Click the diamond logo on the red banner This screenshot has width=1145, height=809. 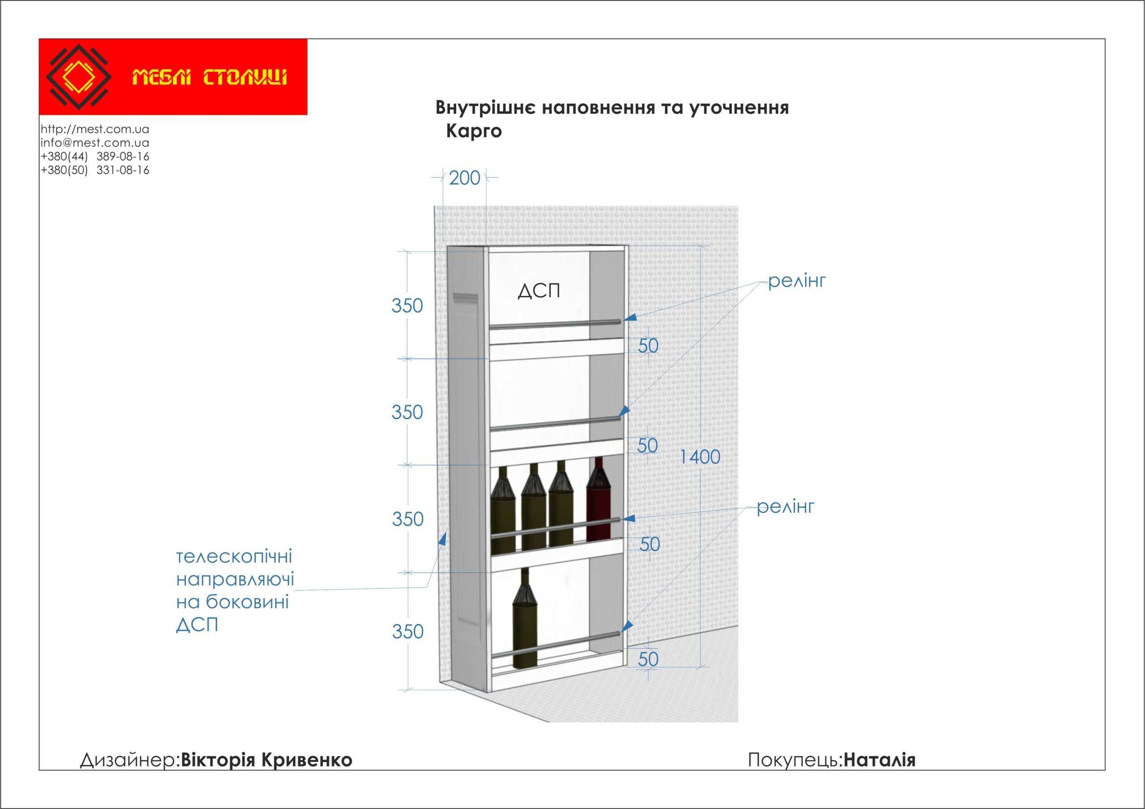click(78, 77)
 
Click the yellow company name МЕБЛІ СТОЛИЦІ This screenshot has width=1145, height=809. click(209, 78)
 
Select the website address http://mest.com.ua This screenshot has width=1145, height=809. click(95, 129)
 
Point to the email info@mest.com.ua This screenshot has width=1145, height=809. click(95, 143)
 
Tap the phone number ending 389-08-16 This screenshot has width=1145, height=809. click(95, 156)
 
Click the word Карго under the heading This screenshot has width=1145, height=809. click(474, 131)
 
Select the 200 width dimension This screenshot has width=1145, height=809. click(464, 178)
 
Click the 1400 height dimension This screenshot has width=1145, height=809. click(700, 457)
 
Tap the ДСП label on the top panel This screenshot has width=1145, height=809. click(539, 291)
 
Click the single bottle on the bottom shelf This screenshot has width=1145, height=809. click(526, 618)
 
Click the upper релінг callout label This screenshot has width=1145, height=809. click(797, 281)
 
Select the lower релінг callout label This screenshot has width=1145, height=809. click(785, 507)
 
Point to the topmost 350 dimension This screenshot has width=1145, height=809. click(407, 306)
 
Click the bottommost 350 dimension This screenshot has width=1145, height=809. click(407, 632)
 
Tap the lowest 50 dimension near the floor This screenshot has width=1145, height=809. click(648, 660)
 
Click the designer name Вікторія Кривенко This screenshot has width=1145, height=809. click(266, 760)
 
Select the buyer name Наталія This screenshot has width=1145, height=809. click(879, 760)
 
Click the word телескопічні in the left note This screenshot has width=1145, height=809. click(234, 557)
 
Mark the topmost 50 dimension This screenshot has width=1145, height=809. click(648, 345)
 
